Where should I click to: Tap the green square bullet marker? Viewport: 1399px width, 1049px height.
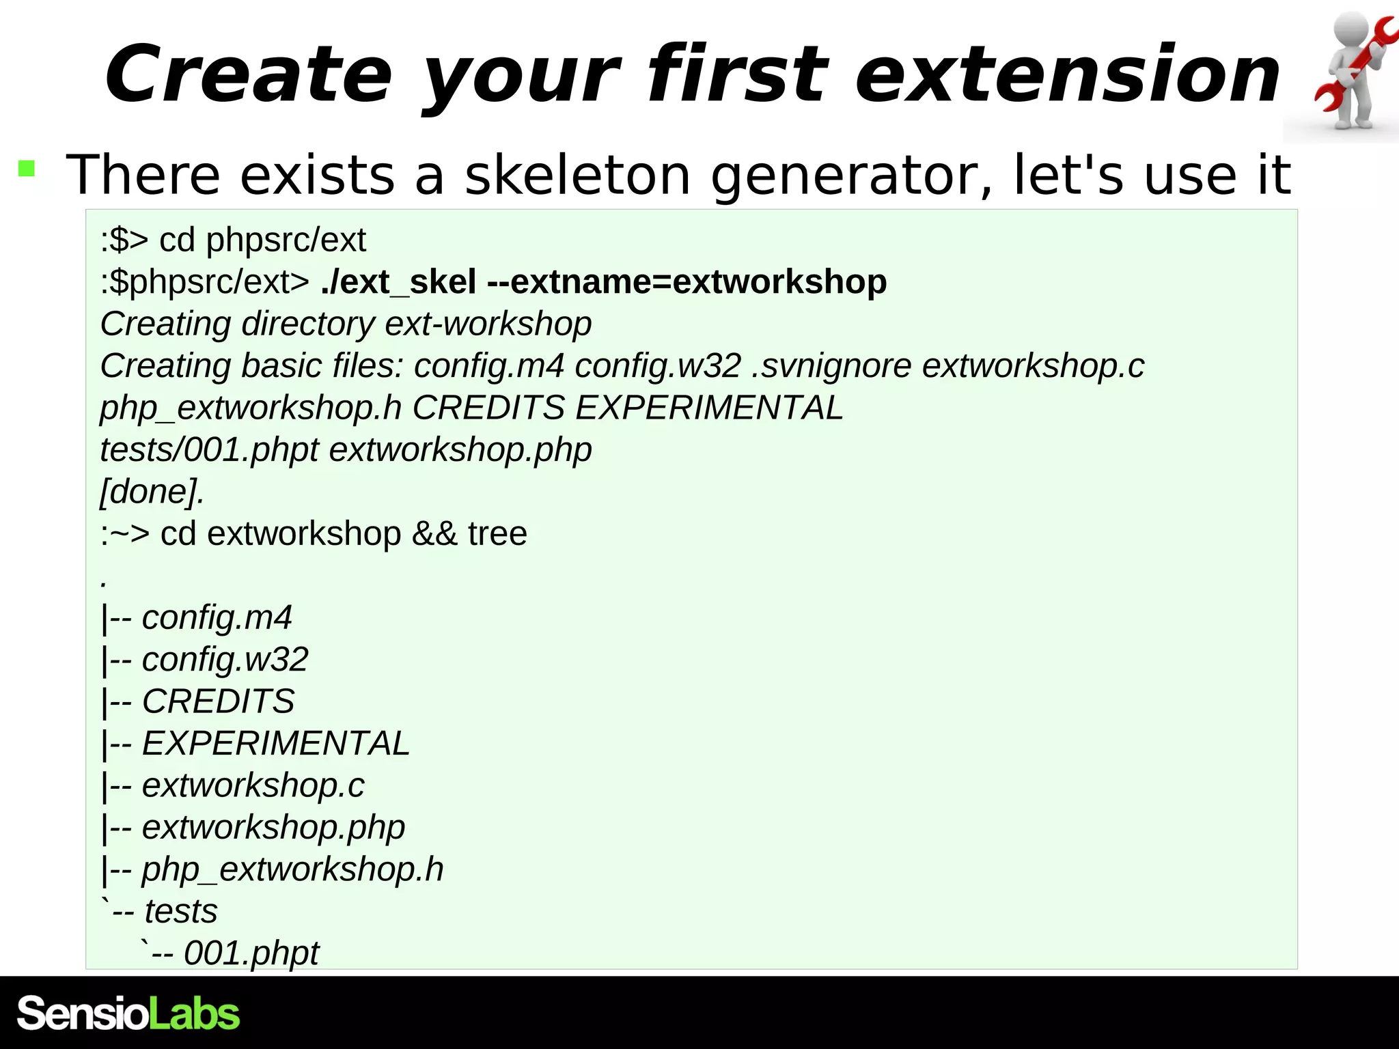coord(27,169)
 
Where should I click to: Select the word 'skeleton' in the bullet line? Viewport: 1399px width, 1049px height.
coord(577,175)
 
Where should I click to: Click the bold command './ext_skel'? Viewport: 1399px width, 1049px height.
coord(398,282)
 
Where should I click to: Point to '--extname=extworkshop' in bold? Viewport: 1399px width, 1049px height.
coord(687,282)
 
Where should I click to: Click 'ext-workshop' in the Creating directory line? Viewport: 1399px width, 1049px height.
coord(488,324)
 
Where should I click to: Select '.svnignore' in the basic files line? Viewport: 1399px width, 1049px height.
coord(831,366)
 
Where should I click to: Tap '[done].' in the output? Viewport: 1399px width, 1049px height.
coord(152,492)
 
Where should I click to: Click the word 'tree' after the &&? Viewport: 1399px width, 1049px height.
coord(497,533)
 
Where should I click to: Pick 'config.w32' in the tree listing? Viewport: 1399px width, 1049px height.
coord(225,660)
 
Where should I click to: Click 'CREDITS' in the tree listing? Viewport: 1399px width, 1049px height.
coord(218,701)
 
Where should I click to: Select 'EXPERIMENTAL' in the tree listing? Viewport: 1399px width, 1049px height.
coord(275,744)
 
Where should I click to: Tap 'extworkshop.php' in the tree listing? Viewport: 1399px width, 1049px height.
coord(273,828)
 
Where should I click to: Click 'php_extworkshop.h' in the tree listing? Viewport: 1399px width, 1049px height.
coord(292,870)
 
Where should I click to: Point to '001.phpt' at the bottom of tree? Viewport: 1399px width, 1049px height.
coord(251,953)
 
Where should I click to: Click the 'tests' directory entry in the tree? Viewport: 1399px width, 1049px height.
coord(181,912)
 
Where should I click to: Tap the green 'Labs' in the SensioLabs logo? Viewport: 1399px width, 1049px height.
coord(194,1014)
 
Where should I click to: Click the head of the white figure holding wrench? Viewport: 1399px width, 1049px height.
coord(1353,31)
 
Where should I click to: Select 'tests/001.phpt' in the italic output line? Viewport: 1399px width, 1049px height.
coord(209,450)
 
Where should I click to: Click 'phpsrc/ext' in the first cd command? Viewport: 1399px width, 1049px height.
coord(286,240)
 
